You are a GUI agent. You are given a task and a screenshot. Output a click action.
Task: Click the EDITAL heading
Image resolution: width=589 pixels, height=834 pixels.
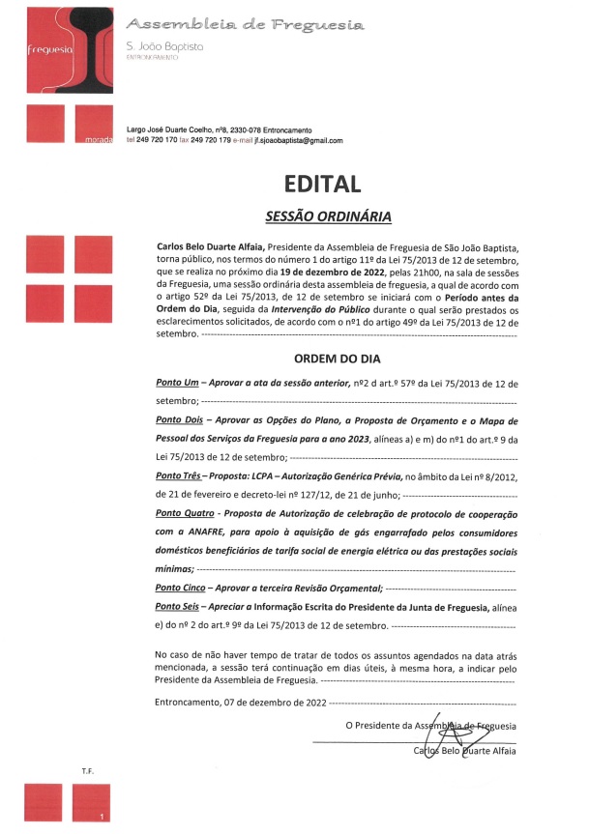322,185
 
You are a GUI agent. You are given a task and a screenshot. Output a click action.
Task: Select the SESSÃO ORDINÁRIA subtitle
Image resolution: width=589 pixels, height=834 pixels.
322,216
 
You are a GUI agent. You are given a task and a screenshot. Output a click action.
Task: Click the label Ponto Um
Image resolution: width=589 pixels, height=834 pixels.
177,385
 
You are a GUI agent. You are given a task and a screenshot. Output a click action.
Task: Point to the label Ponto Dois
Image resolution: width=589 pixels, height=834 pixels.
180,422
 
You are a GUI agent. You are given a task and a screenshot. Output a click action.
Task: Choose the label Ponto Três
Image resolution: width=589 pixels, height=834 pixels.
180,476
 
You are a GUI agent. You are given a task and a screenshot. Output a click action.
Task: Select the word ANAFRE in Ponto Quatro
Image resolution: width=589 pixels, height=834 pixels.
207,532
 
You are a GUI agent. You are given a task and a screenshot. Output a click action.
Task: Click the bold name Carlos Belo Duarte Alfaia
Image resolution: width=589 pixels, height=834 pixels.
210,247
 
